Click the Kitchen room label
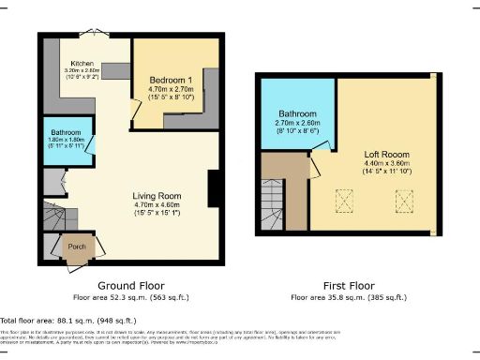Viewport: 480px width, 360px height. (x=80, y=63)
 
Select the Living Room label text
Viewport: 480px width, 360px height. (x=149, y=195)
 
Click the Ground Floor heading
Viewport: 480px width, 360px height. (x=131, y=285)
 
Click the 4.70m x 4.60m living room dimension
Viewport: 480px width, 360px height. (x=149, y=204)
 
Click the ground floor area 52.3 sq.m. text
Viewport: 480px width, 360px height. (x=131, y=297)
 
